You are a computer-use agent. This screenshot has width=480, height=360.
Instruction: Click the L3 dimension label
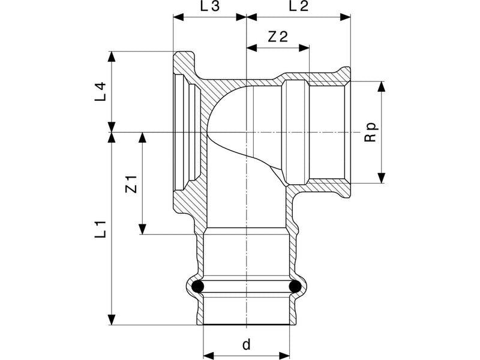210,6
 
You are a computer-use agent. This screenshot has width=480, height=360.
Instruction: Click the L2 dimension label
299,6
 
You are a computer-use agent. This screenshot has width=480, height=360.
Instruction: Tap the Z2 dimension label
278,37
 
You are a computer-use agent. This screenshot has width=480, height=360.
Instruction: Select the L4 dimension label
100,91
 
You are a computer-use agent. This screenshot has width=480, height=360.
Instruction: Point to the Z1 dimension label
131,184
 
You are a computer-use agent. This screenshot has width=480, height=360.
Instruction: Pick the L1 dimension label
100,229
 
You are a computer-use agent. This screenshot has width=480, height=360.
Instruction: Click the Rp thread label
370,132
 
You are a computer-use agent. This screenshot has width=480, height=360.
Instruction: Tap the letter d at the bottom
246,344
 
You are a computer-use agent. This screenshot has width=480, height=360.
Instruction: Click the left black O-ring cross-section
197,286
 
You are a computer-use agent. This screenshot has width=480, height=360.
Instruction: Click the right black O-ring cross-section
295,286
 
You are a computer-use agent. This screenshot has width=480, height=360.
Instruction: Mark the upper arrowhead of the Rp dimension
381,86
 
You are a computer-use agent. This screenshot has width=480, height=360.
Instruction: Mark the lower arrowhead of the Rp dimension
381,178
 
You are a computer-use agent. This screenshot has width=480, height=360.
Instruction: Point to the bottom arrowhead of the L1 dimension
112,319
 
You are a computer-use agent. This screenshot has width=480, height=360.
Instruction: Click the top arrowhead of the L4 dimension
112,56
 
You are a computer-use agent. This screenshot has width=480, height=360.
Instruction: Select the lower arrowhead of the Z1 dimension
142,229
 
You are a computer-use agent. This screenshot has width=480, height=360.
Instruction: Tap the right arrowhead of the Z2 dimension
304,48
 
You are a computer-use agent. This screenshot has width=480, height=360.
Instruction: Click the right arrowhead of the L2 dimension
346,17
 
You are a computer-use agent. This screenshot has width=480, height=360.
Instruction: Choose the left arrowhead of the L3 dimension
178,17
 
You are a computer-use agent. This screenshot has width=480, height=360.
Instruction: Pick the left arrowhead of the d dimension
208,356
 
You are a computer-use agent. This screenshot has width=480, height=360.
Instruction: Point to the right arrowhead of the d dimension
284,356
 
